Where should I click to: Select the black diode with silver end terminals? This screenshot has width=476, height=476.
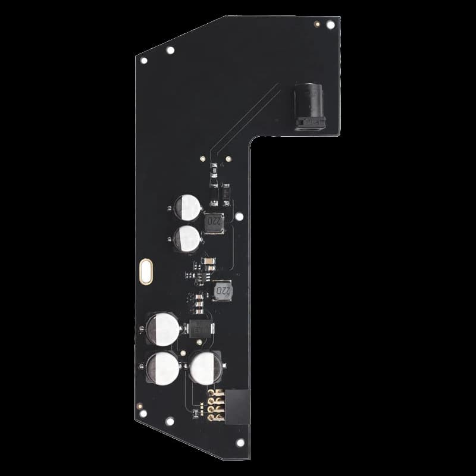click(200, 327)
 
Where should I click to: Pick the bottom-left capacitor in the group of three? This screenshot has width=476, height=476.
click(160, 367)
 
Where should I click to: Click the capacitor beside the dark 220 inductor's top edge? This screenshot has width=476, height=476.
click(189, 208)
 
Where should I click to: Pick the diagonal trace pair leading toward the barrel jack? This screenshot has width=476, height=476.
click(250, 113)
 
